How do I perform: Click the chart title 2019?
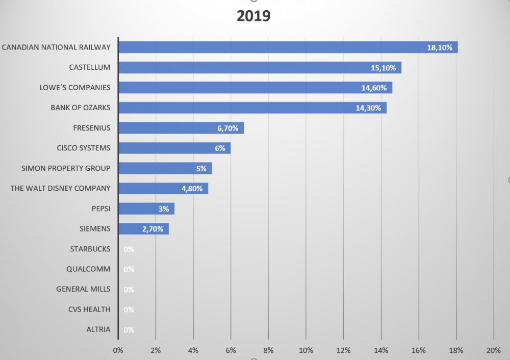point(253,16)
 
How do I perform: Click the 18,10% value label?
point(440,47)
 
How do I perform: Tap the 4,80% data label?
point(192,189)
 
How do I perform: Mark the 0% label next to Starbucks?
point(129,249)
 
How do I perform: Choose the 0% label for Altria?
point(129,330)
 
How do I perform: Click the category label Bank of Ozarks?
point(80,108)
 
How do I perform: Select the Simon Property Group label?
point(66,168)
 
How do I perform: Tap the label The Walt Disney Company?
point(60,188)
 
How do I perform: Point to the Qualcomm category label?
point(88,269)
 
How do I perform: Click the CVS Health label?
point(89,309)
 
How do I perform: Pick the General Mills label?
point(83,289)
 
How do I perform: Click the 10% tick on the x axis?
point(305,350)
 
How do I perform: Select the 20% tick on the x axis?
point(493,350)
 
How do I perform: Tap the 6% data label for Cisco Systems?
point(220,148)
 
